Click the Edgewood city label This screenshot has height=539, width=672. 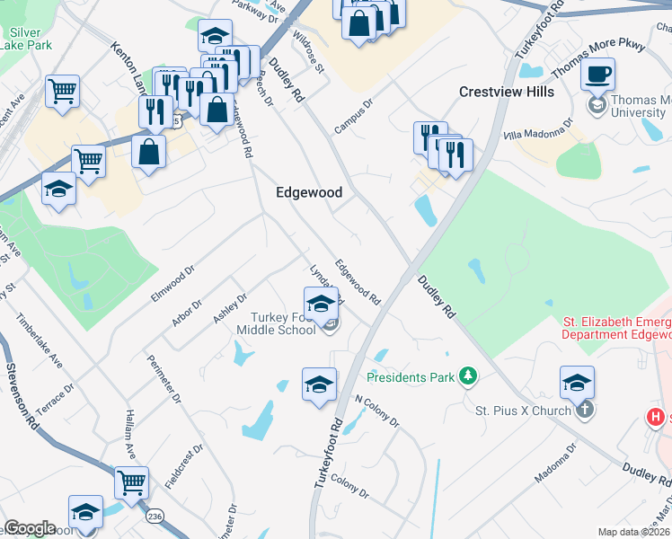(x=309, y=192)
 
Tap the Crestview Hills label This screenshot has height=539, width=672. (x=507, y=92)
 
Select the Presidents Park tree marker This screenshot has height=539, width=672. (x=467, y=376)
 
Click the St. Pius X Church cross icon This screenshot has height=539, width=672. (x=584, y=411)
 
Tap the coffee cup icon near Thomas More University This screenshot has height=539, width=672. (x=598, y=75)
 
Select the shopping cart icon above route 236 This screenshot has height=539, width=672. (x=132, y=483)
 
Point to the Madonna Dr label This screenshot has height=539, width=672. (x=554, y=463)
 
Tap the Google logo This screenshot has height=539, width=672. (x=30, y=528)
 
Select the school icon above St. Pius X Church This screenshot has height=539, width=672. (x=577, y=383)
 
